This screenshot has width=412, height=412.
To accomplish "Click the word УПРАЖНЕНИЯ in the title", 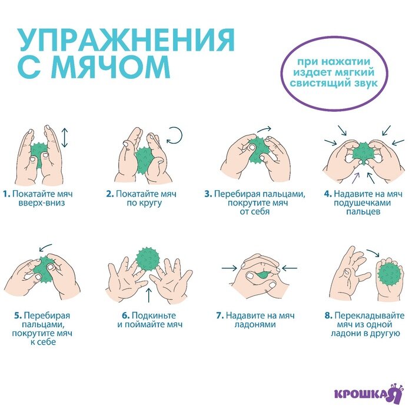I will point(126,41).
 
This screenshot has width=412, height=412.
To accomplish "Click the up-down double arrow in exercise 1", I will point(65,137).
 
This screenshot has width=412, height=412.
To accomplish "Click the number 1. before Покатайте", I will point(6,194).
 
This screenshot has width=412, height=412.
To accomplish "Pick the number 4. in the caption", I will point(328,194).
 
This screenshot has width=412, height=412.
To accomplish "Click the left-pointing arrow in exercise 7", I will point(290,268).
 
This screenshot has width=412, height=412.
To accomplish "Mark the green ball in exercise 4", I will point(360,152).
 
